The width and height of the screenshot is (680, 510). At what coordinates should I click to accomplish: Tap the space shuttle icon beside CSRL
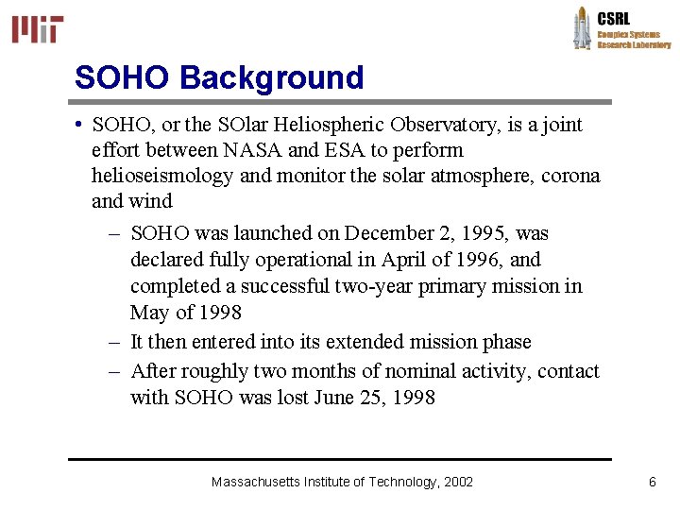click(582, 27)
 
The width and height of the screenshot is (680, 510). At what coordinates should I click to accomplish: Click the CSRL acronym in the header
click(613, 18)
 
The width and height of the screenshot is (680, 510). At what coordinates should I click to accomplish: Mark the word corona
click(569, 176)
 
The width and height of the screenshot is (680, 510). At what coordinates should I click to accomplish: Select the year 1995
click(485, 233)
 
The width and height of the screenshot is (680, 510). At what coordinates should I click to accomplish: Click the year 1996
click(479, 260)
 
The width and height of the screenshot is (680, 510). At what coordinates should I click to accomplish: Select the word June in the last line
click(347, 398)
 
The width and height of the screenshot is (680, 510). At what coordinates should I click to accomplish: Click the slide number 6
click(652, 483)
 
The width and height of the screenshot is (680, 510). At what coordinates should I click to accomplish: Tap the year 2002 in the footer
click(458, 483)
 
